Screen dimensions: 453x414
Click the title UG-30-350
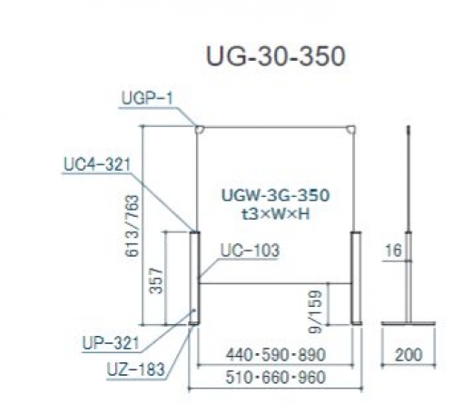pyautogui.click(x=275, y=56)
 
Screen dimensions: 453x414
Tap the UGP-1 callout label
pyautogui.click(x=147, y=98)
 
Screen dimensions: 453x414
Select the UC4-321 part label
pyautogui.click(x=97, y=164)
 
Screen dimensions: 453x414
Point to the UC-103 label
pyautogui.click(x=250, y=251)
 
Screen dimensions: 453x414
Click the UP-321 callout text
pyautogui.click(x=111, y=343)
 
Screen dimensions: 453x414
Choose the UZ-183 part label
pyautogui.click(x=136, y=370)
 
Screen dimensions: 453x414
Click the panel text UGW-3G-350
pyautogui.click(x=275, y=195)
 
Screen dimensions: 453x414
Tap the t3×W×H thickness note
pyautogui.click(x=275, y=214)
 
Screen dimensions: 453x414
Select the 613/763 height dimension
pyautogui.click(x=133, y=226)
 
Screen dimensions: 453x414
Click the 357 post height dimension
pyautogui.click(x=156, y=281)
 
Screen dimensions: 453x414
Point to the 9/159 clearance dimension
pyautogui.click(x=315, y=311)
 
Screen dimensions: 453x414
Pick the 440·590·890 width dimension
pyautogui.click(x=276, y=354)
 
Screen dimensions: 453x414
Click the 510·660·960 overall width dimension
pyautogui.click(x=276, y=377)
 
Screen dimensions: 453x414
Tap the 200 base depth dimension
pyautogui.click(x=409, y=354)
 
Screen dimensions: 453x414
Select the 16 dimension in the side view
pyautogui.click(x=393, y=251)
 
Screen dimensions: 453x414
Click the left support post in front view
pyautogui.click(x=194, y=278)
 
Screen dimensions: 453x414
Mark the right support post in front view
pyautogui.click(x=356, y=278)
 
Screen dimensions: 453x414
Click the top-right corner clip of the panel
pyautogui.click(x=351, y=130)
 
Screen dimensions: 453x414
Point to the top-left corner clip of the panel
pyautogui.click(x=200, y=130)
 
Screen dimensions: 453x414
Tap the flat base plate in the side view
pyautogui.click(x=409, y=323)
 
